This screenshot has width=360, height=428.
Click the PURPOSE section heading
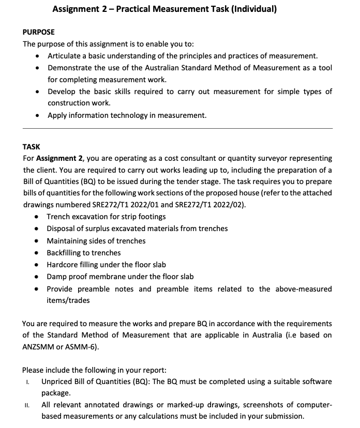(38, 32)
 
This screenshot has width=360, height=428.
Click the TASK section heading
(31, 147)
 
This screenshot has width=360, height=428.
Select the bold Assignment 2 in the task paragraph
(60, 158)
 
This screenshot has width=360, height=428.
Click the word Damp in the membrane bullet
(57, 277)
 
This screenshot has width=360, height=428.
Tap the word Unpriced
(58, 381)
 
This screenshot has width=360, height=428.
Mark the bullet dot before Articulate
(38, 56)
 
